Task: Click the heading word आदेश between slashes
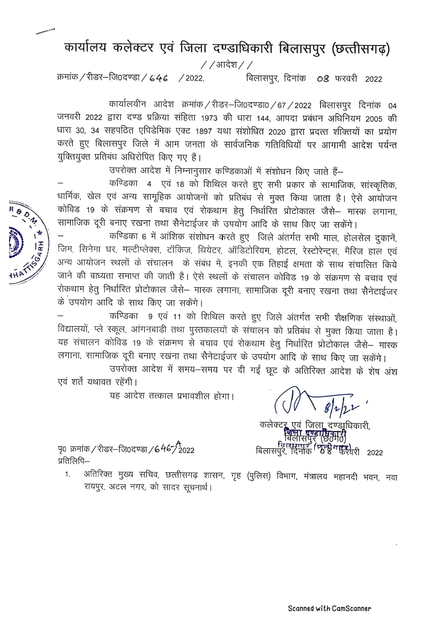(227, 65)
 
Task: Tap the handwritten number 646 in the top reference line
(159, 78)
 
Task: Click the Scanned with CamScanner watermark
(330, 608)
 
